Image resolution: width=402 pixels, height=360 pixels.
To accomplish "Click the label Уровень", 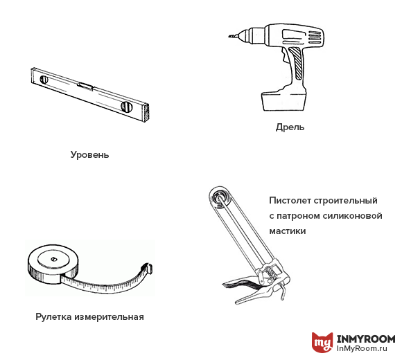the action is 89,155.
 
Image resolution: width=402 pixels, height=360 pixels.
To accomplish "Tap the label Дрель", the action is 290,127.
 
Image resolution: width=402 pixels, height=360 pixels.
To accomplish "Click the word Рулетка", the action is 53,317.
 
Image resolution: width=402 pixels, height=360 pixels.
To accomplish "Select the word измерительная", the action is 110,317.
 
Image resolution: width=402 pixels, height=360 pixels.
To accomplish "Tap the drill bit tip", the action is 229,37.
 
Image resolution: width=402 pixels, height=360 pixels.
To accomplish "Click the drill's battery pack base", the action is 283,100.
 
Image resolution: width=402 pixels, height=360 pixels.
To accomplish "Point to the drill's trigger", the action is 284,56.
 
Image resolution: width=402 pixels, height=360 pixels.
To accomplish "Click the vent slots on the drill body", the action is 314,37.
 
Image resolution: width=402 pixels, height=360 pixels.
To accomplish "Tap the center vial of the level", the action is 85,86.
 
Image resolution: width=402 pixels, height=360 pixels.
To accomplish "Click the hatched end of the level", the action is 146,113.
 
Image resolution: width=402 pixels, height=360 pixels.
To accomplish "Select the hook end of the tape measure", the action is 148,268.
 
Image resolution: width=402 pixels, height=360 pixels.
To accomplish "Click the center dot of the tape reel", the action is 53,259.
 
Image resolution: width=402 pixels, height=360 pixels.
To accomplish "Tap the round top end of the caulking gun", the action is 220,197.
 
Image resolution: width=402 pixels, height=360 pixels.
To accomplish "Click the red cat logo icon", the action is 322,342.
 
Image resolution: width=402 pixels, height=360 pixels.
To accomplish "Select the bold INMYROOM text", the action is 365,339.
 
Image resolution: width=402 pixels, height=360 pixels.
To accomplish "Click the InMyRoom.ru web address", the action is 362,348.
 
